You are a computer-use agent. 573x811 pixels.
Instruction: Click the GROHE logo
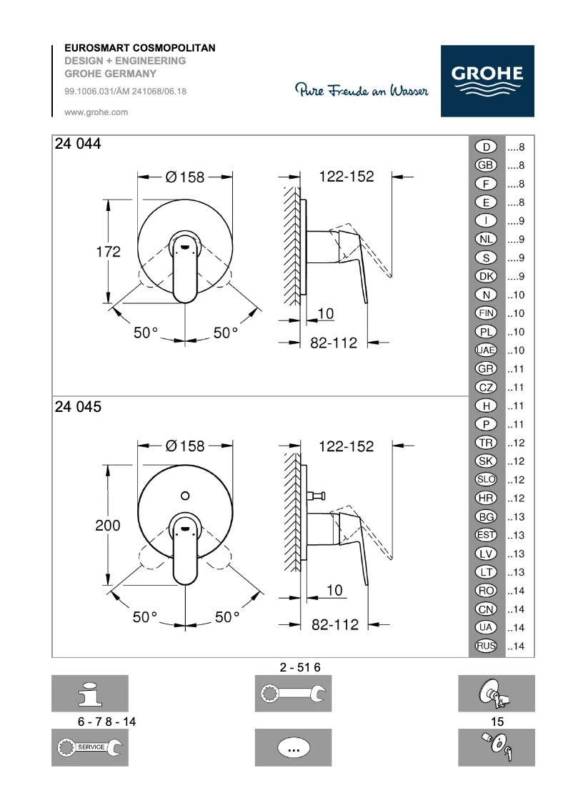coord(487,81)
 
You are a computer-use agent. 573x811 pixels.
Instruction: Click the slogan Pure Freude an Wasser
coord(362,91)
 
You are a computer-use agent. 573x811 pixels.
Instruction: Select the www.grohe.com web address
coord(96,112)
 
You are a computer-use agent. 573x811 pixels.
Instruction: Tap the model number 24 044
coord(78,144)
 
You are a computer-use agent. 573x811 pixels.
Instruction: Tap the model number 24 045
coord(78,407)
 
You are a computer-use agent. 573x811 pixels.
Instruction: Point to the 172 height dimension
coord(108,252)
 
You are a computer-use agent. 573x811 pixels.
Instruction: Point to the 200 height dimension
coord(108,525)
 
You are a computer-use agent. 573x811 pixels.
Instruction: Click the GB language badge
coord(486,165)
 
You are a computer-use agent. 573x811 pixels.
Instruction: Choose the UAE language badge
coord(486,350)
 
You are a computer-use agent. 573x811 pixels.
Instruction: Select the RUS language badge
coord(486,647)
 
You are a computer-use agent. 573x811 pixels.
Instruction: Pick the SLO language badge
coord(486,480)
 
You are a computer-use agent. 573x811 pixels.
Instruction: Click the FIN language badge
coord(486,313)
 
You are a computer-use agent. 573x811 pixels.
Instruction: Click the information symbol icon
coord(89,693)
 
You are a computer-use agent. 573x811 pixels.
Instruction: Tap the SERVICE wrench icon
coord(89,747)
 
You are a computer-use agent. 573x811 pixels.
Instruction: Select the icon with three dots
coord(293,747)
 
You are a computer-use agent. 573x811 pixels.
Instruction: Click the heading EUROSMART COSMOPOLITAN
coord(140,48)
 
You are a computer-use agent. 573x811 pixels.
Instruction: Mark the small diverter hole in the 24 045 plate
coord(185,495)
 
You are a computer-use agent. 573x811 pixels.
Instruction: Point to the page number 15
coord(497,722)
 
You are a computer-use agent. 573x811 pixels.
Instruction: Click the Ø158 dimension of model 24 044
coord(185,177)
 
